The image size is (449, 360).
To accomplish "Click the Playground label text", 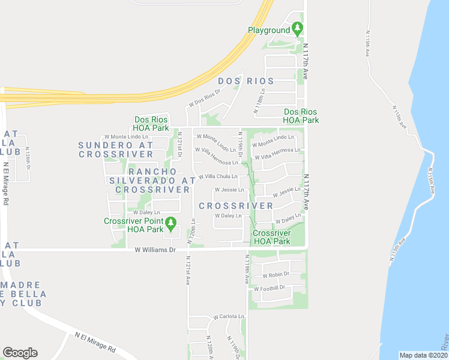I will pyautogui.click(x=268, y=30).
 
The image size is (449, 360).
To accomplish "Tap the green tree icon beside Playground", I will pyautogui.click(x=297, y=29).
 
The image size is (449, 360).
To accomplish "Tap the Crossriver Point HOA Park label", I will pyautogui.click(x=134, y=225).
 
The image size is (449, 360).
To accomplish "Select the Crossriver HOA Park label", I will pyautogui.click(x=271, y=238).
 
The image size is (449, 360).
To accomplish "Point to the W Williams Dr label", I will pyautogui.click(x=155, y=250).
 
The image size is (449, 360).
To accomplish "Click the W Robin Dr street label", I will pyautogui.click(x=276, y=275).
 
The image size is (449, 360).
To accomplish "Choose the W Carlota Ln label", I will pyautogui.click(x=229, y=316).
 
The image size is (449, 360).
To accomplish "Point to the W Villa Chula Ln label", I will pyautogui.click(x=214, y=176).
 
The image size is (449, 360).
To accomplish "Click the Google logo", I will pyautogui.click(x=20, y=353).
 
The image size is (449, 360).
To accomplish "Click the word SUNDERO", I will pyautogui.click(x=104, y=145).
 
